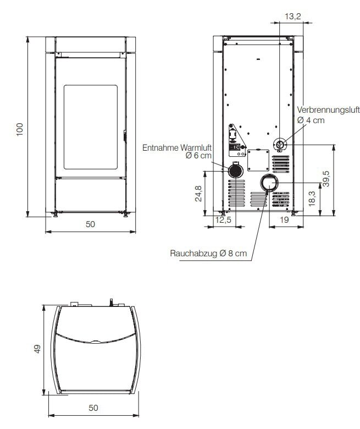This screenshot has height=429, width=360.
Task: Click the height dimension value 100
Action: click(x=20, y=129)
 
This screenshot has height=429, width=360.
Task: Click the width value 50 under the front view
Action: click(x=91, y=224)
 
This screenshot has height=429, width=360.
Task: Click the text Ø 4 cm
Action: click(x=311, y=120)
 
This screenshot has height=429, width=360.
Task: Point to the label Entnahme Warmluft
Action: click(x=177, y=147)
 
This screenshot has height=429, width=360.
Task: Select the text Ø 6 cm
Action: click(x=198, y=157)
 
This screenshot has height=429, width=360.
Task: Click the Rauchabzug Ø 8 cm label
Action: click(x=208, y=254)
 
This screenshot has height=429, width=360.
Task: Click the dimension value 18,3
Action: click(x=312, y=198)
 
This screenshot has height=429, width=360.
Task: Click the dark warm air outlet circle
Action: click(x=236, y=170)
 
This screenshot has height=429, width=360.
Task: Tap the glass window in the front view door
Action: click(x=91, y=127)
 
